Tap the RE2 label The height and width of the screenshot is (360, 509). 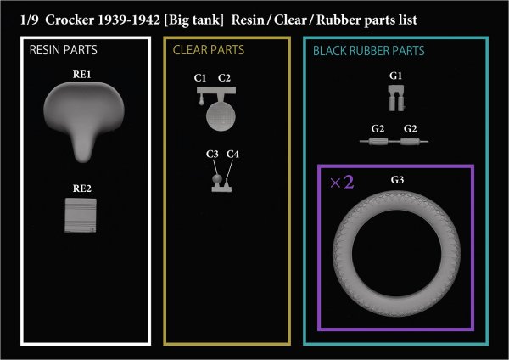click(x=82, y=188)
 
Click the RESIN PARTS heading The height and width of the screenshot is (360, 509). click(x=63, y=51)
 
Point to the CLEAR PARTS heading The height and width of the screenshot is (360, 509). click(x=206, y=51)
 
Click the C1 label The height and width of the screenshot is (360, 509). click(x=201, y=78)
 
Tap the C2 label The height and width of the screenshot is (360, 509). click(x=224, y=78)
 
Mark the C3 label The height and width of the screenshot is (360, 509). click(x=212, y=154)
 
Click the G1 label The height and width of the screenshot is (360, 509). click(x=395, y=76)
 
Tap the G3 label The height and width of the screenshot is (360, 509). click(x=396, y=180)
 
